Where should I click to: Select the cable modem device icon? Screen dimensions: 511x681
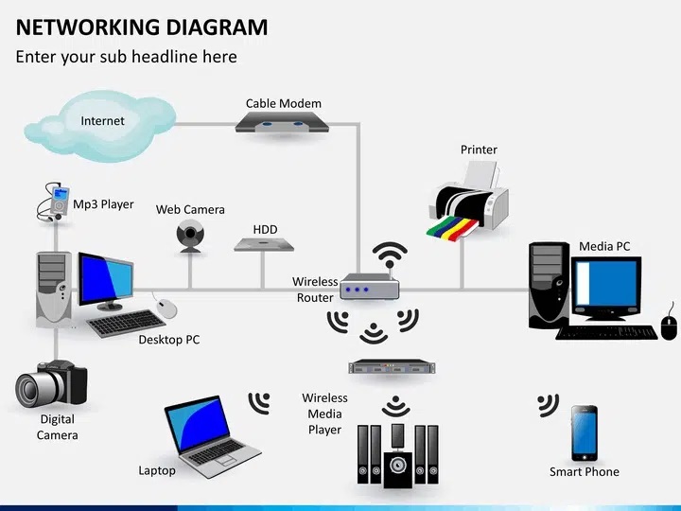(283, 123)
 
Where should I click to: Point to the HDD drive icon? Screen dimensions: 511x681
(264, 244)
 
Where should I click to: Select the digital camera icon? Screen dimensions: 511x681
(50, 383)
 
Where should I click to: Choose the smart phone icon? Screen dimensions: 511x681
(584, 432)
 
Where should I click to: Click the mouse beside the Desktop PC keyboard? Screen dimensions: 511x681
(166, 308)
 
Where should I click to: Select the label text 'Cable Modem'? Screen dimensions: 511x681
(284, 103)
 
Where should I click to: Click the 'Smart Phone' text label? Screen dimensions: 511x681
(585, 471)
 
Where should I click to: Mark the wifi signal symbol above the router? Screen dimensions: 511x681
(390, 254)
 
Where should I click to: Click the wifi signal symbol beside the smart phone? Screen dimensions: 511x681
(548, 405)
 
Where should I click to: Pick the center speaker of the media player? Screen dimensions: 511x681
(398, 466)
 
